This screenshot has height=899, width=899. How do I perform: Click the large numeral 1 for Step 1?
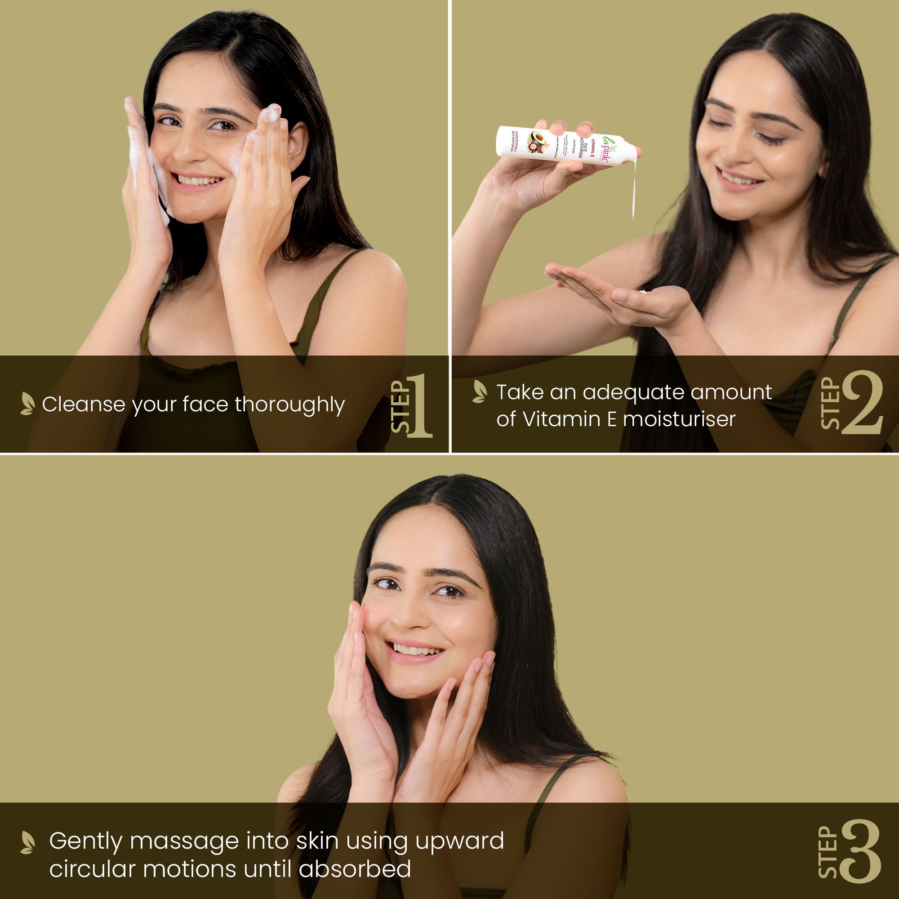click(x=420, y=405)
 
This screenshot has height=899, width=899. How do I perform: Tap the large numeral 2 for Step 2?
click(x=862, y=403)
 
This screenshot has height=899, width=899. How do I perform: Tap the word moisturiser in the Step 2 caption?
click(x=679, y=419)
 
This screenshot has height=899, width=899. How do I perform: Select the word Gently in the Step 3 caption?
click(x=85, y=841)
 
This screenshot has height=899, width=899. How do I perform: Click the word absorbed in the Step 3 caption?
click(x=355, y=869)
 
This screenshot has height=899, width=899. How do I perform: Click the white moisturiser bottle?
click(x=565, y=145)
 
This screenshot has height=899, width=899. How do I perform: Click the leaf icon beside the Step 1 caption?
click(x=27, y=404)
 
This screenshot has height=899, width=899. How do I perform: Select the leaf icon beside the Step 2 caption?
click(x=479, y=392)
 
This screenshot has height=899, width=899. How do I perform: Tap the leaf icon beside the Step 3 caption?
click(x=27, y=842)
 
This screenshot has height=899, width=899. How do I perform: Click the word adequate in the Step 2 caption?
click(x=632, y=392)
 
